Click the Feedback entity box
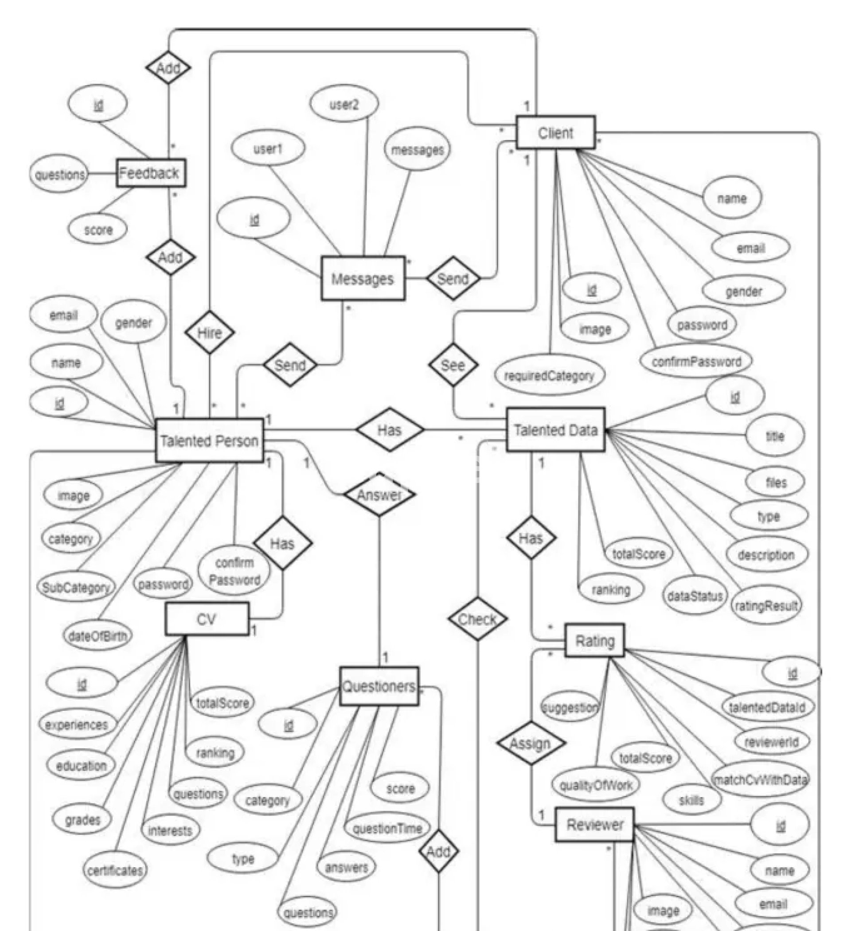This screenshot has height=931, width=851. tap(151, 173)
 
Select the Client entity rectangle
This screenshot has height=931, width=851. tap(555, 133)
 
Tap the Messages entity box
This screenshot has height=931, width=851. tap(363, 279)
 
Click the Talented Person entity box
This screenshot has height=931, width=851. tap(209, 440)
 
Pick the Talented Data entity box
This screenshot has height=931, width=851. tap(556, 430)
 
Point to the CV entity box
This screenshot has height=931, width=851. tap(207, 619)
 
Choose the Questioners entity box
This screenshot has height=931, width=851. tap(379, 687)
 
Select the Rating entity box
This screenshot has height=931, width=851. tap(594, 640)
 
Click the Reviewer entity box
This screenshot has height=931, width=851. tap(594, 824)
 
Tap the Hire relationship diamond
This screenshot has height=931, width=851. tap(209, 332)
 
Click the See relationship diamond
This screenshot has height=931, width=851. tap(453, 365)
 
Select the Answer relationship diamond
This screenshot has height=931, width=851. tap(379, 495)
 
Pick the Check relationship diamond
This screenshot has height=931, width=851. tap(477, 619)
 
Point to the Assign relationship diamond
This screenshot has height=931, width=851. tap(531, 744)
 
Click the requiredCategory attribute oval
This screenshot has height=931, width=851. tap(549, 375)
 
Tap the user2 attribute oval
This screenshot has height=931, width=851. tap(344, 105)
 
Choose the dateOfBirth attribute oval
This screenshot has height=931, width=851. tap(97, 636)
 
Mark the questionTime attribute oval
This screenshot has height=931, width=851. tap(387, 829)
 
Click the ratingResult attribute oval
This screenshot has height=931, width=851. tap(766, 605)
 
